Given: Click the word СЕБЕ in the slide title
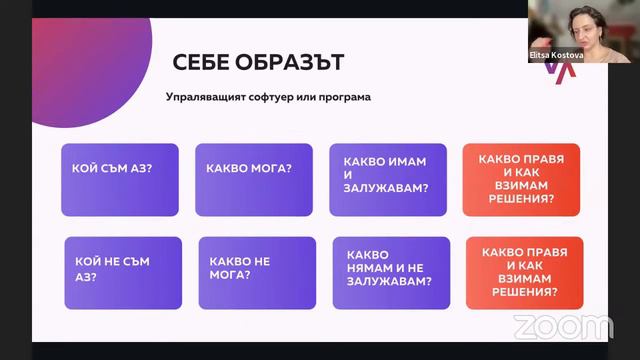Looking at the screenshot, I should pos(198,63).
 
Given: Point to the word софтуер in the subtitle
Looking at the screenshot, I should pos(286,98).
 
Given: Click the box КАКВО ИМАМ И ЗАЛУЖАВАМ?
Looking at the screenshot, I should pos(388,179).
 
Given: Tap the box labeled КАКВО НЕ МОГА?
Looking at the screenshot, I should pos(245,272).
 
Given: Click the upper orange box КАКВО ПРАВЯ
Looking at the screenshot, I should pos(522,179).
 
